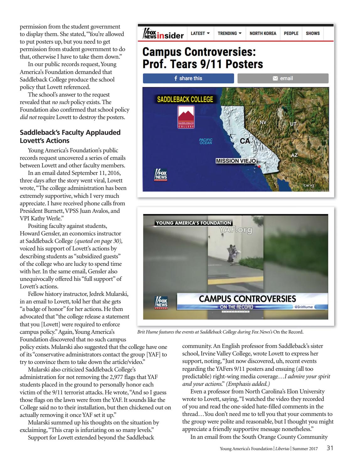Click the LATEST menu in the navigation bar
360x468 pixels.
pyautogui.click(x=200, y=34)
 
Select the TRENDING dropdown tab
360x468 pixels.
pyautogui.click(x=230, y=34)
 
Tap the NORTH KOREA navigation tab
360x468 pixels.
pyautogui.click(x=263, y=34)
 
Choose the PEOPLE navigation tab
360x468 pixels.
pyautogui.click(x=291, y=34)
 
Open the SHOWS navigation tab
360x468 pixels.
pyautogui.click(x=313, y=34)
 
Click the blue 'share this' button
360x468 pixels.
pyautogui.click(x=188, y=78)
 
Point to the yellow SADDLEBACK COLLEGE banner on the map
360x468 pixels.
pyautogui.click(x=185, y=100)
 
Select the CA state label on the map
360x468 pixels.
pyautogui.click(x=245, y=141)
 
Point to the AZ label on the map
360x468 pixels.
pyautogui.click(x=294, y=155)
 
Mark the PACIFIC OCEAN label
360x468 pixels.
pyautogui.click(x=206, y=141)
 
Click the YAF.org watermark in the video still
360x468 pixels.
pyautogui.click(x=236, y=230)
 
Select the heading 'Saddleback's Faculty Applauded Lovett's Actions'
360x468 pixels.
pyautogui.click(x=70, y=136)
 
